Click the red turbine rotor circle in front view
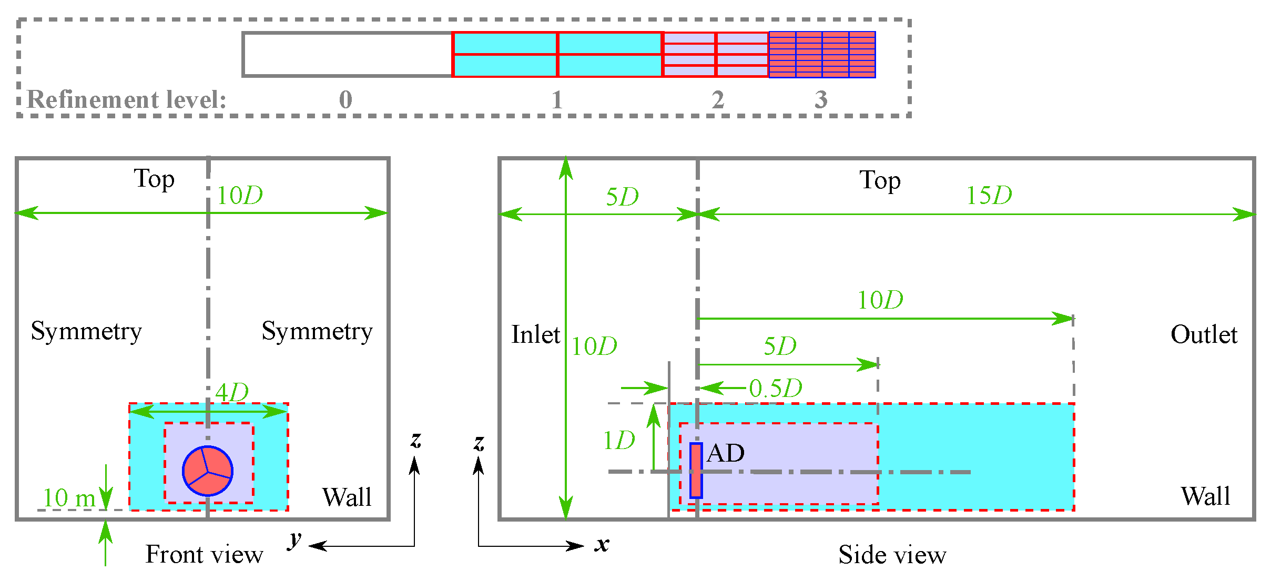[x=208, y=471]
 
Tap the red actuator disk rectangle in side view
[x=696, y=471]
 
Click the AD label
[x=726, y=453]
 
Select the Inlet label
[x=535, y=335]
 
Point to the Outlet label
[x=1204, y=335]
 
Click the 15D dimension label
[x=989, y=196]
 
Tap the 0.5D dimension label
[x=776, y=389]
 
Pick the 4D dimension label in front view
[x=232, y=392]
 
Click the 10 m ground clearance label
[x=69, y=498]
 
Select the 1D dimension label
[x=619, y=441]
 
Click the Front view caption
[x=204, y=555]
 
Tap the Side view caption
[x=892, y=555]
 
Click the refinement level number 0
[x=345, y=100]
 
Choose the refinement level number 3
[x=821, y=100]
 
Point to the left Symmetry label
[x=86, y=331]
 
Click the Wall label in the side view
[x=1205, y=496]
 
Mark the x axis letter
[x=602, y=545]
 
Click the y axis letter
[x=295, y=540]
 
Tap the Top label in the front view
[x=154, y=179]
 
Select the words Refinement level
[x=126, y=100]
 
